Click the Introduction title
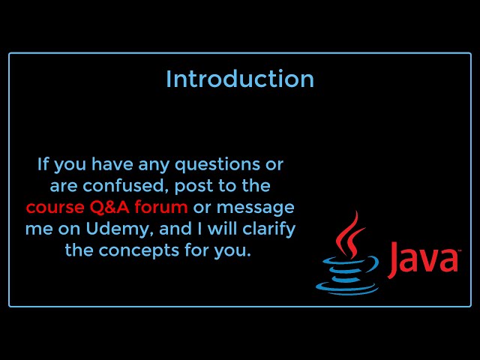[240, 79]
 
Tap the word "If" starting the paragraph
[43, 163]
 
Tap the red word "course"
[53, 207]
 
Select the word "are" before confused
[64, 185]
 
